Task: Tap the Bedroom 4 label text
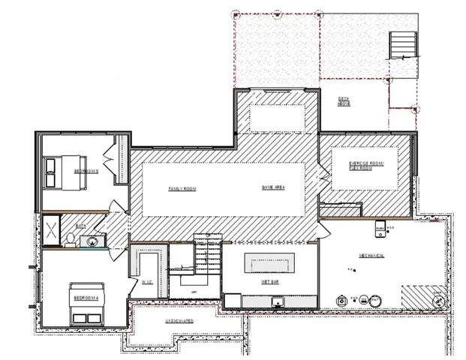point(85,298)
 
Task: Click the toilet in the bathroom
point(69,239)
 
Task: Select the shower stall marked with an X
point(51,230)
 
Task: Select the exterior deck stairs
point(403,46)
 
